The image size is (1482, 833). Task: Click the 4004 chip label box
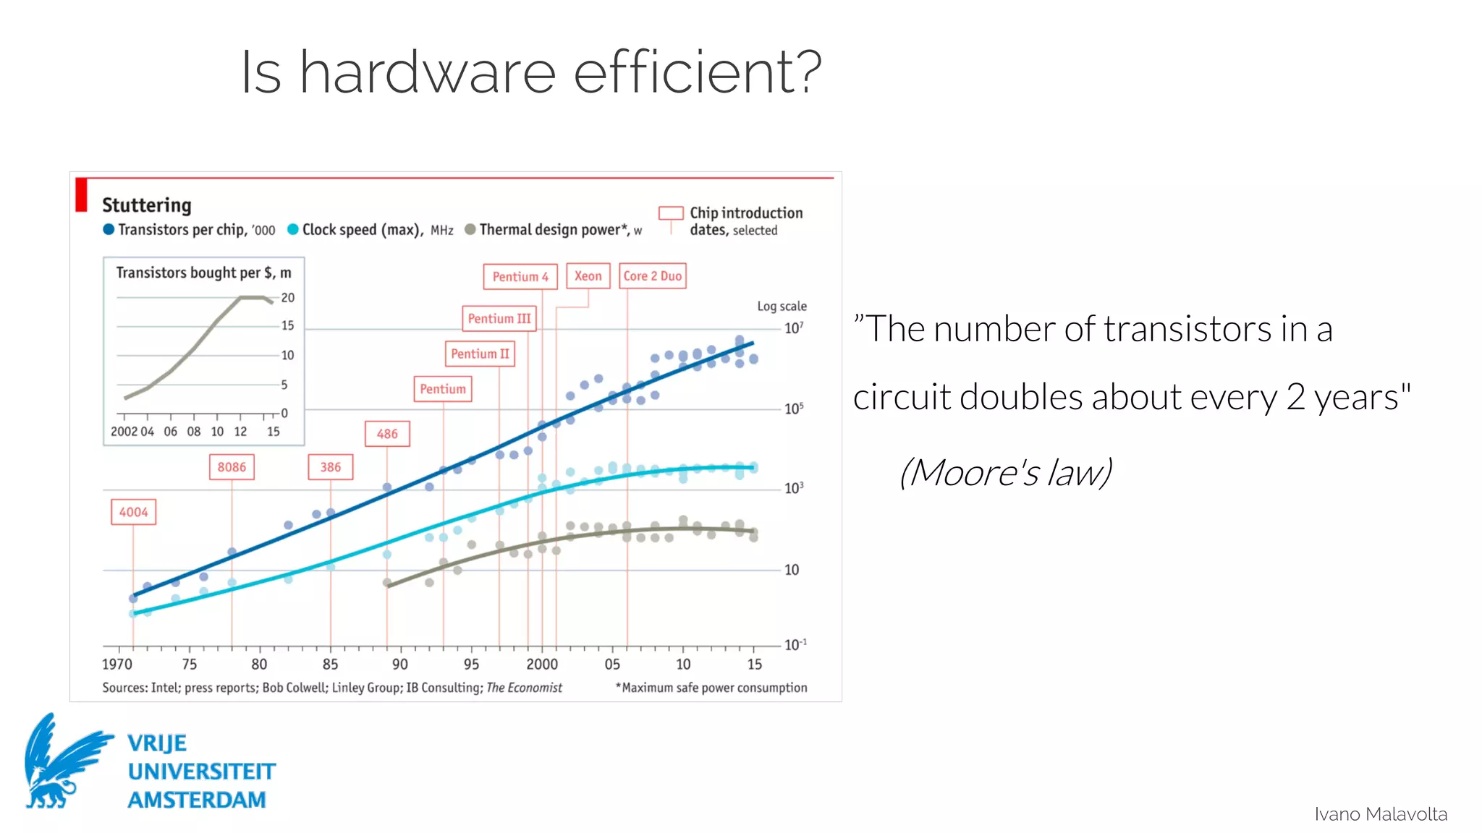[x=133, y=512]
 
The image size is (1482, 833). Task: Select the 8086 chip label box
[x=232, y=467]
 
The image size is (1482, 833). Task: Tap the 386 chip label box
[x=331, y=467]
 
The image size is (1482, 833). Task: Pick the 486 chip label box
[x=387, y=434]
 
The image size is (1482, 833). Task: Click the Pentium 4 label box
[x=520, y=276]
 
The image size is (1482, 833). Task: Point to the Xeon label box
[x=588, y=275]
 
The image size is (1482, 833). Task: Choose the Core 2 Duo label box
[x=653, y=275]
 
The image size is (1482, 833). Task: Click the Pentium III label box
[x=499, y=318]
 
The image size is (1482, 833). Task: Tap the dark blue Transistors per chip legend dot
[x=109, y=229]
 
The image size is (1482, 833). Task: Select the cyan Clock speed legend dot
[x=293, y=229]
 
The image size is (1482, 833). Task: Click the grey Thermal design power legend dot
[x=470, y=229]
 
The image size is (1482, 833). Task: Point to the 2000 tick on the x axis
[x=542, y=664]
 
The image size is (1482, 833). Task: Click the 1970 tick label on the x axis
[x=117, y=664]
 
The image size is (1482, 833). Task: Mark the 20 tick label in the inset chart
[x=288, y=298]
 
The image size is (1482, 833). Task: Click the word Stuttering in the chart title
[x=147, y=205]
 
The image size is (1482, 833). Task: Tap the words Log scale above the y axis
[x=782, y=306]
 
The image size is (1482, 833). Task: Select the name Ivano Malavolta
[x=1381, y=814]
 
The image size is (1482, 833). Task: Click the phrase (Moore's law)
[x=1005, y=473]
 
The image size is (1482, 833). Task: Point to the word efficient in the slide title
[x=698, y=72]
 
